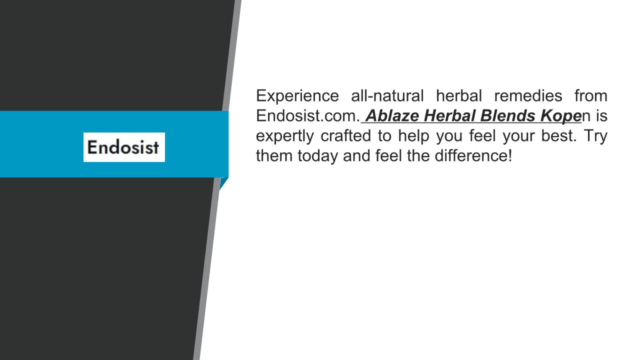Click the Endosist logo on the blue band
(124, 147)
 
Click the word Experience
(297, 96)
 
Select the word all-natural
(387, 95)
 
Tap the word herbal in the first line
(459, 95)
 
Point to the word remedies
(528, 95)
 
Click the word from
(591, 95)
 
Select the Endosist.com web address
(308, 115)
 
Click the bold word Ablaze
(392, 115)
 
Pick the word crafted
(345, 135)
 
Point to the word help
(413, 136)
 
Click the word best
(559, 135)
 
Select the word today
(317, 156)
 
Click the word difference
(473, 155)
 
